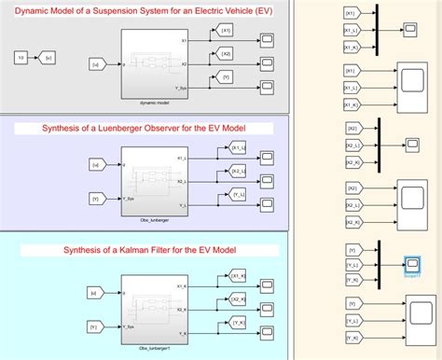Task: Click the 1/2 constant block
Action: coord(21,58)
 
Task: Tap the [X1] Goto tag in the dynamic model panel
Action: coord(225,32)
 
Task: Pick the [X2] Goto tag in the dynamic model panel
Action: coord(225,54)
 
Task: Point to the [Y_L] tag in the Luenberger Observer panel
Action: coord(238,194)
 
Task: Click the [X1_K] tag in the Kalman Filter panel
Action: coord(238,276)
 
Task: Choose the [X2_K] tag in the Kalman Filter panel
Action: coord(238,298)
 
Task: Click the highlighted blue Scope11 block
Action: coord(411,266)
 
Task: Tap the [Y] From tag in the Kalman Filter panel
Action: coord(94,326)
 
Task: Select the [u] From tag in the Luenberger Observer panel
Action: coord(94,164)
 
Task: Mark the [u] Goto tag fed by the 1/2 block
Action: coord(51,58)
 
